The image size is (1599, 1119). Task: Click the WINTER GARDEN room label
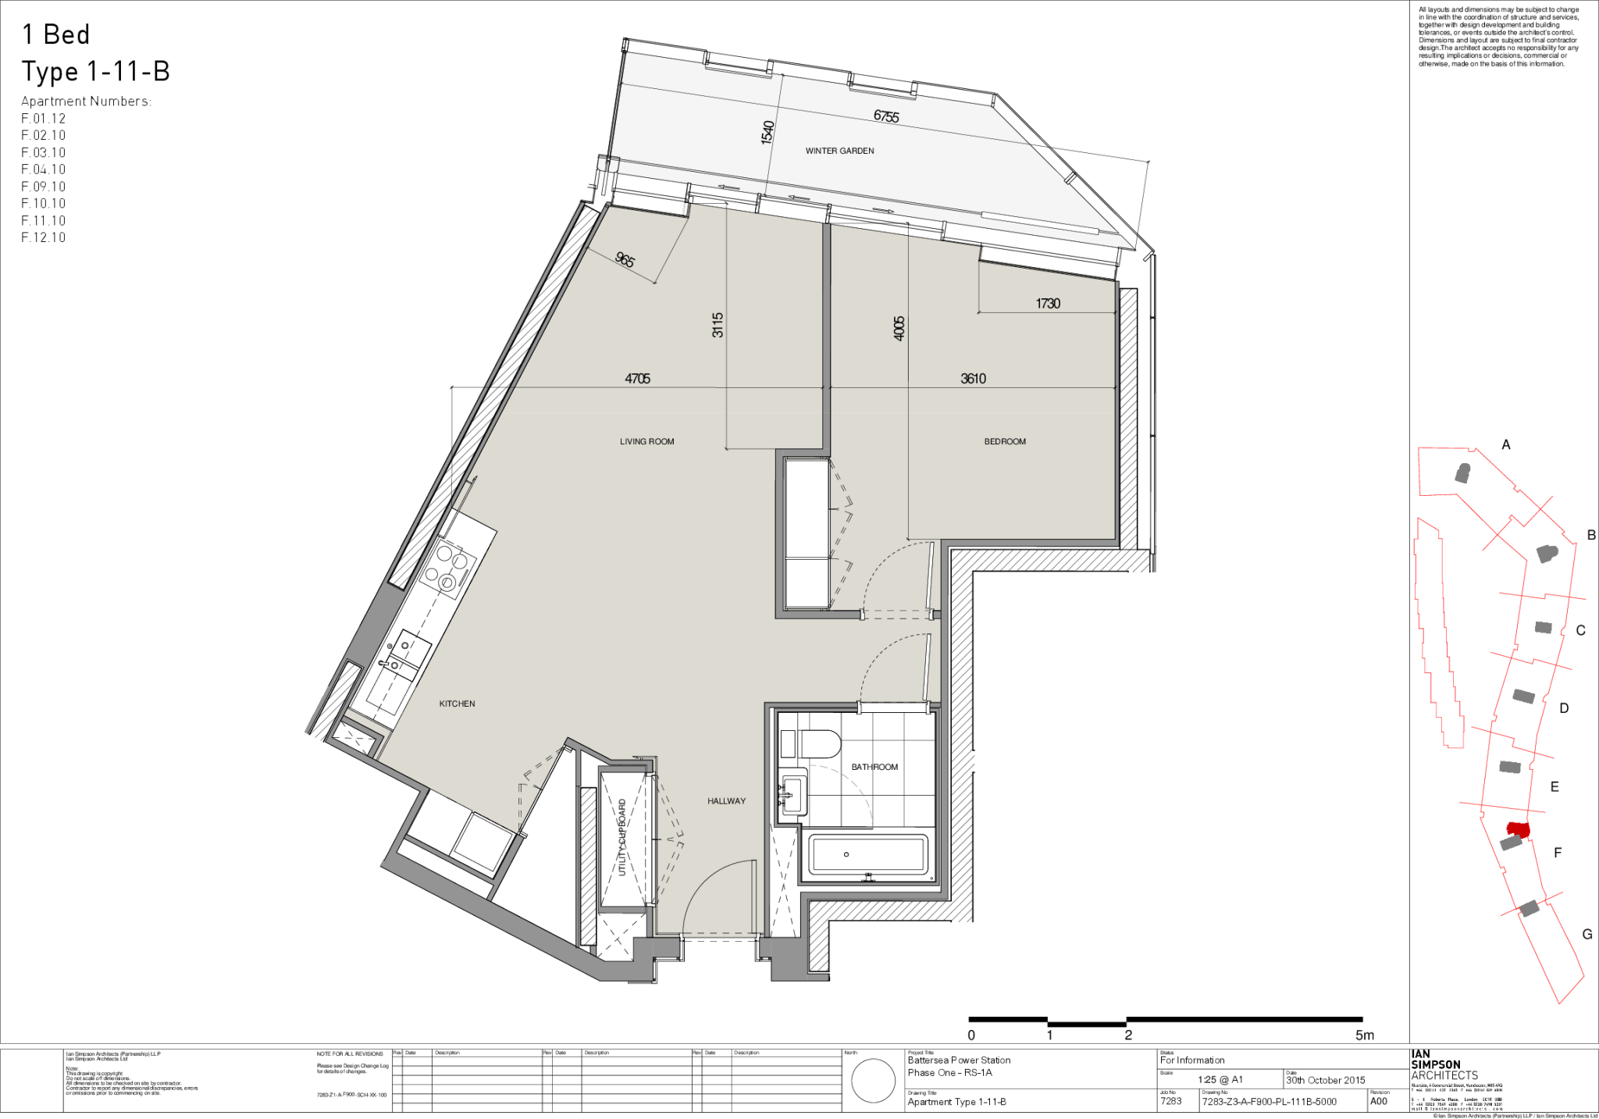click(839, 151)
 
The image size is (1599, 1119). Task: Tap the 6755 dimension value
click(886, 116)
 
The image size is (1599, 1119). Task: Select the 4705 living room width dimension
click(637, 379)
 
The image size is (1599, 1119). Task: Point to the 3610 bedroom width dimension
click(973, 379)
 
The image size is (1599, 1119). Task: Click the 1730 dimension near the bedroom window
click(1048, 304)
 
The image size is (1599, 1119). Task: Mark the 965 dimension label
click(625, 259)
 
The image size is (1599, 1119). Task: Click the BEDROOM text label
click(1005, 442)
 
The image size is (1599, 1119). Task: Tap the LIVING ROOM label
click(646, 442)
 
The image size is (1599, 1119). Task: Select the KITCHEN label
click(457, 704)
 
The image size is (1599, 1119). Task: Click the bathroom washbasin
click(793, 792)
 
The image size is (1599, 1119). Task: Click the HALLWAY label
click(726, 801)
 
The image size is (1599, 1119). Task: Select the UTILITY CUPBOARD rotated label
click(622, 837)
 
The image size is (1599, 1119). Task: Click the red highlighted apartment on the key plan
click(1517, 829)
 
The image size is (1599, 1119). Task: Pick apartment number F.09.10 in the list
click(44, 187)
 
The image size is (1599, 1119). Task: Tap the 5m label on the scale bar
click(1364, 1035)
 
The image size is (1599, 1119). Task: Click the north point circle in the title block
click(873, 1082)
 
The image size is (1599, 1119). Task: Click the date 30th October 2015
click(1326, 1081)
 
